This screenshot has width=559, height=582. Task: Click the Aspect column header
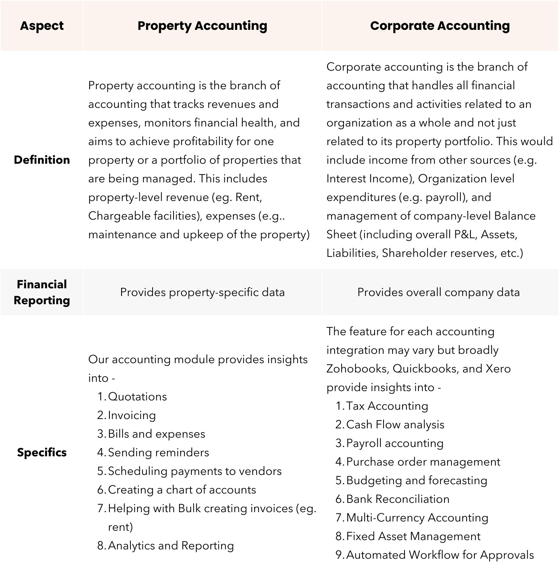(x=42, y=26)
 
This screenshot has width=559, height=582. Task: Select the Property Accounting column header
(x=202, y=26)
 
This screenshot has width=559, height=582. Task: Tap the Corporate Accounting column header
(x=440, y=26)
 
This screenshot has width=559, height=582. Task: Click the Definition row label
(x=42, y=160)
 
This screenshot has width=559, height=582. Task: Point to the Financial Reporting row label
(x=42, y=292)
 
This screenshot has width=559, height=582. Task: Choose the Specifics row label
(x=42, y=452)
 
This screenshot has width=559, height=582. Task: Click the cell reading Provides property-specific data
(x=202, y=292)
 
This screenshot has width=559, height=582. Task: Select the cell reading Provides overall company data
(x=438, y=292)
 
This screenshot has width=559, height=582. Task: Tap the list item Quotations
(x=137, y=397)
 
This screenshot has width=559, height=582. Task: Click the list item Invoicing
(x=132, y=415)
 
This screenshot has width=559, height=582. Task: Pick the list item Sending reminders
(x=158, y=452)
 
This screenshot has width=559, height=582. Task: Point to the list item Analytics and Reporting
(x=171, y=546)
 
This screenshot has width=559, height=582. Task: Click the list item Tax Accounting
(x=387, y=406)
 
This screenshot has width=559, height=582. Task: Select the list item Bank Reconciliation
(x=398, y=499)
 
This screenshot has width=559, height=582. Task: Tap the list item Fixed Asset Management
(x=413, y=536)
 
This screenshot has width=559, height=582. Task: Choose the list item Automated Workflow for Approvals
(x=440, y=555)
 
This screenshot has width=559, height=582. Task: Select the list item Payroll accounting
(x=394, y=443)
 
